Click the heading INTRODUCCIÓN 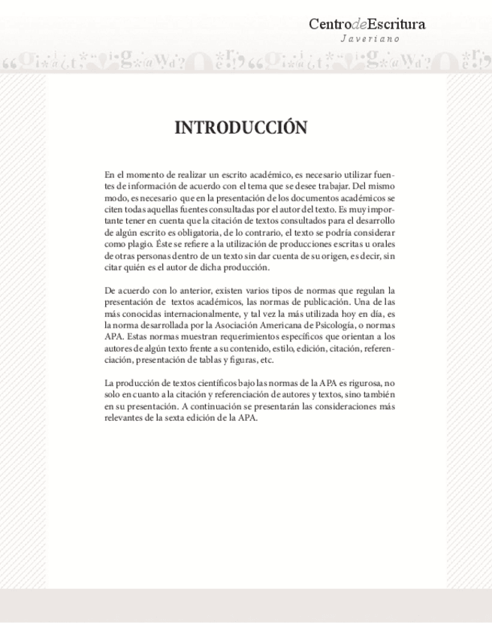(240, 128)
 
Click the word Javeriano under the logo (370, 38)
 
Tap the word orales (381, 245)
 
